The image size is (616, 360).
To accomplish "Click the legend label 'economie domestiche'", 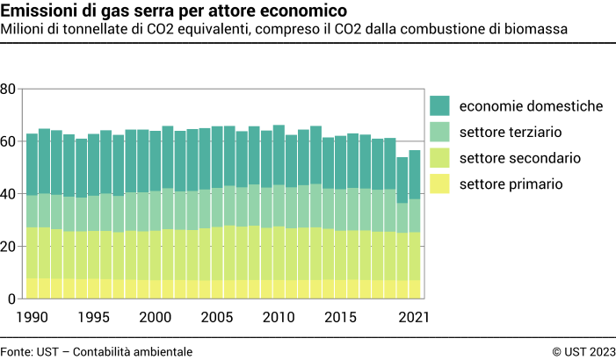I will tap(531, 106).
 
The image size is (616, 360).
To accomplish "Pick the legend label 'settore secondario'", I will tap(520, 158).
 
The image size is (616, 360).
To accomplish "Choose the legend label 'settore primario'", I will tap(511, 184).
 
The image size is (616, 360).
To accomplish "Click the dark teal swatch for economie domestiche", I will tap(439, 106).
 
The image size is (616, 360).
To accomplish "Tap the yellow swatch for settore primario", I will tap(439, 184).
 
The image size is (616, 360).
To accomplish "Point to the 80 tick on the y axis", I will tap(8, 89).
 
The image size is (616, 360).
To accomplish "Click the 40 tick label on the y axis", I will tap(8, 194).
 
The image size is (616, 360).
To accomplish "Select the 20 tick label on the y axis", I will tap(8, 247).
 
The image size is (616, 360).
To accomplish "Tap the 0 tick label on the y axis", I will tap(11, 299).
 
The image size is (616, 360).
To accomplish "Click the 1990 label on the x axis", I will tap(32, 317).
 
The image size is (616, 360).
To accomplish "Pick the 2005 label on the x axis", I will tap(217, 317).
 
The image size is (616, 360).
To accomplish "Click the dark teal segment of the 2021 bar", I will tap(415, 175).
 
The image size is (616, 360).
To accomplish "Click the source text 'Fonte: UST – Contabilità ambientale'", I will tap(97, 351).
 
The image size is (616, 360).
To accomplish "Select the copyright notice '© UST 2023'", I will tap(583, 351).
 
